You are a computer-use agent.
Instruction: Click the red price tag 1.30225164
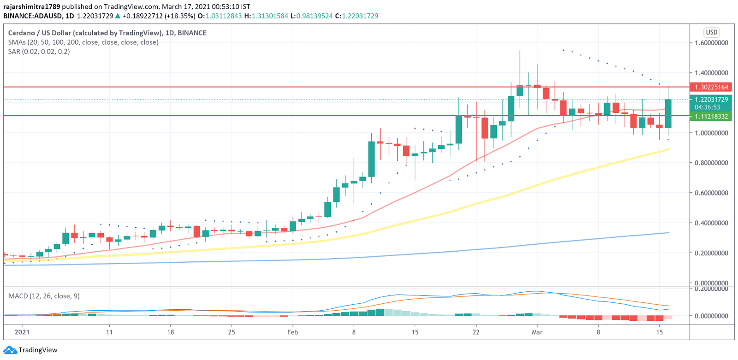pyautogui.click(x=712, y=87)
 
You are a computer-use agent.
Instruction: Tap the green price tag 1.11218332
pyautogui.click(x=712, y=116)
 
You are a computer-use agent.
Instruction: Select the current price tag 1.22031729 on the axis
pyautogui.click(x=712, y=100)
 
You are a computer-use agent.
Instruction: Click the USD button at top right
pyautogui.click(x=712, y=32)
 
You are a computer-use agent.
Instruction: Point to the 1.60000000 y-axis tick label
pyautogui.click(x=712, y=43)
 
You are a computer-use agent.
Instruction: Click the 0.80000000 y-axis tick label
pyautogui.click(x=712, y=163)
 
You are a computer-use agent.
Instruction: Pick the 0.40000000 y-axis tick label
pyautogui.click(x=712, y=223)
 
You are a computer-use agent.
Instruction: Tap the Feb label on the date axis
pyautogui.click(x=292, y=332)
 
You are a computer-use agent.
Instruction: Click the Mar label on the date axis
pyautogui.click(x=537, y=332)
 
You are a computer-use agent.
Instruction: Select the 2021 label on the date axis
pyautogui.click(x=22, y=332)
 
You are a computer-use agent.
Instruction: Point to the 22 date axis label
pyautogui.click(x=476, y=332)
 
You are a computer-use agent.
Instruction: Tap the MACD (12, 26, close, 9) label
pyautogui.click(x=44, y=296)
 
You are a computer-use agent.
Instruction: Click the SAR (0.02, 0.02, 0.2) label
pyautogui.click(x=39, y=51)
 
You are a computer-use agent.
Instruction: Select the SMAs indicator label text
pyautogui.click(x=83, y=42)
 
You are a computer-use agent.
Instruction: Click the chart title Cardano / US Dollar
pyautogui.click(x=107, y=33)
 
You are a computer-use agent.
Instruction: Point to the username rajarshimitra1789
pyautogui.click(x=32, y=6)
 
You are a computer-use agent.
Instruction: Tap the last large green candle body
pyautogui.click(x=668, y=113)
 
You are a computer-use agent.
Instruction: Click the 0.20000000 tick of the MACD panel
pyautogui.click(x=712, y=289)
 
